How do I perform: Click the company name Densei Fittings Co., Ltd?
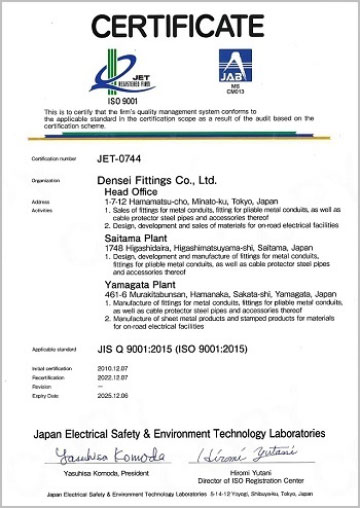tap(162, 180)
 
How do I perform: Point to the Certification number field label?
tap(53, 159)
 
